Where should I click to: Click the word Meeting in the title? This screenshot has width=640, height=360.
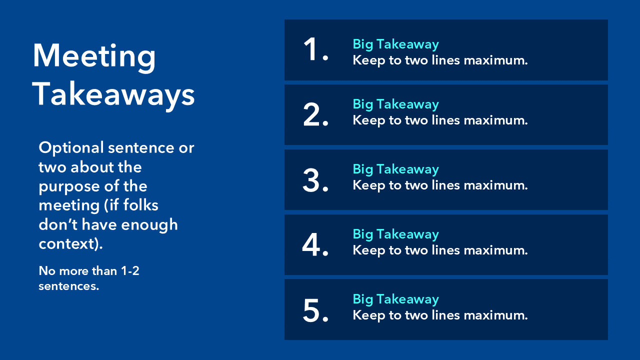94,56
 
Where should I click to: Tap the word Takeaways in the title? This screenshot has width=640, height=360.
113,95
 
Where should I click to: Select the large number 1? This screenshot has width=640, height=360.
315,49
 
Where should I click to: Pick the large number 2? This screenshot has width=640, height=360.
315,114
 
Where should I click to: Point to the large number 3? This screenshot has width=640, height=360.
315,180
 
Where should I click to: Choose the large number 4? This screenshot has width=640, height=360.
315,244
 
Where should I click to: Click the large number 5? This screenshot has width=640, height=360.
315,310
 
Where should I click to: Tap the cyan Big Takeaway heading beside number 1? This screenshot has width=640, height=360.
395,44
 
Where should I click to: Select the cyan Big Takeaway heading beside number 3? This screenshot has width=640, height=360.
395,169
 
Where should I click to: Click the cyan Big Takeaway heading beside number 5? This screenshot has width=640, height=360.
395,299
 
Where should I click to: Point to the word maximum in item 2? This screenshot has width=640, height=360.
495,120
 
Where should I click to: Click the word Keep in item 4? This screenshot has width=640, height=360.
369,250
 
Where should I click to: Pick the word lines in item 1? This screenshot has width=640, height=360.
446,60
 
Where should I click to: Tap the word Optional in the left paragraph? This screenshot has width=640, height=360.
71,148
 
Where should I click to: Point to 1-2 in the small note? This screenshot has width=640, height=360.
130,271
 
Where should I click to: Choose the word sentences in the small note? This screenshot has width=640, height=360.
68,286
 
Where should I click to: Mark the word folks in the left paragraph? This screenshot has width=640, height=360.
140,205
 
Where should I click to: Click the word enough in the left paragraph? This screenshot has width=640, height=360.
149,225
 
